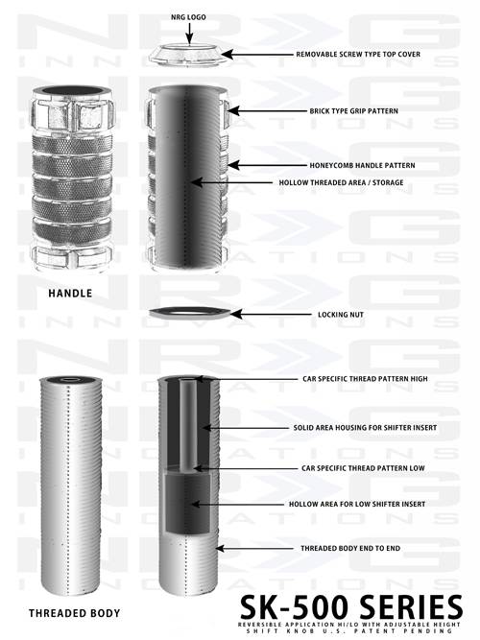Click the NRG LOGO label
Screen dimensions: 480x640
point(188,17)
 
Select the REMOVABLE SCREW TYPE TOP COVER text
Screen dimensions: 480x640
point(358,54)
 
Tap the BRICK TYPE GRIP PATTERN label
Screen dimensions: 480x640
point(353,110)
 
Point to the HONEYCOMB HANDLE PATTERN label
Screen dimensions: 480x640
point(362,165)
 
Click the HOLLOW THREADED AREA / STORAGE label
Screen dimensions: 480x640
point(341,182)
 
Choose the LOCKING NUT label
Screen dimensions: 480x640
point(341,315)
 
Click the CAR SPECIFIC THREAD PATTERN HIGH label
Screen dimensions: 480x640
point(365,379)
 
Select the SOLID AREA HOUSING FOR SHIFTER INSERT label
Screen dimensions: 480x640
point(365,428)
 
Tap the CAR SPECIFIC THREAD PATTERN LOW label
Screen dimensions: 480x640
point(363,468)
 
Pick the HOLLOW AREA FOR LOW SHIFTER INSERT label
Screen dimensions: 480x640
point(357,504)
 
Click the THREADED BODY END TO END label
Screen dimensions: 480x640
point(350,548)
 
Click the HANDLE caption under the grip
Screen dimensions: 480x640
point(70,293)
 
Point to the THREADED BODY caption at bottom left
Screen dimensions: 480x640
point(74,613)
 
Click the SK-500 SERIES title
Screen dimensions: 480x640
point(351,607)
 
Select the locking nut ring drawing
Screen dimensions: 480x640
point(189,314)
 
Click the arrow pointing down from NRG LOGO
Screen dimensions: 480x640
point(189,33)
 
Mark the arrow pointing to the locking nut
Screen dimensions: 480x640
point(271,315)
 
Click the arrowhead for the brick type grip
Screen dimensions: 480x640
point(234,110)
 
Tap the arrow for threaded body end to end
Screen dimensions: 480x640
point(254,548)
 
